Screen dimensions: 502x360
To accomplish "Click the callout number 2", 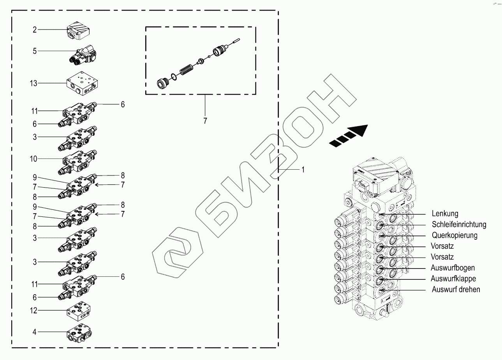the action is click(x=35, y=30).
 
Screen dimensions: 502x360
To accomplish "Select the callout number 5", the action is click(x=35, y=51).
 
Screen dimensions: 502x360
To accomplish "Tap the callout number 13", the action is click(x=33, y=83).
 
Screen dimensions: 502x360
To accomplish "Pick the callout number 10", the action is click(x=33, y=159).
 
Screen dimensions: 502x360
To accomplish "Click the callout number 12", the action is click(x=33, y=311).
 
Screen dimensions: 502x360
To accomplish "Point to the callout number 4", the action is click(x=35, y=332).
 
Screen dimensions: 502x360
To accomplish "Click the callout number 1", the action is click(x=303, y=170).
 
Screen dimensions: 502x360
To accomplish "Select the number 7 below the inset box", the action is click(x=205, y=121).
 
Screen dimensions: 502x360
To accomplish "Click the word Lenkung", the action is click(x=445, y=214).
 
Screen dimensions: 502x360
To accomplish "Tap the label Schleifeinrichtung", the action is click(x=459, y=225).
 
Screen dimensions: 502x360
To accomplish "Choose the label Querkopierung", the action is click(x=454, y=235).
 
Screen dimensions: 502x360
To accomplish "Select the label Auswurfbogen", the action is click(x=453, y=268).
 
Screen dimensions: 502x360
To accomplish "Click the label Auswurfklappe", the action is click(x=453, y=279).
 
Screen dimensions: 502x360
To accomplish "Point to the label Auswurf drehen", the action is click(x=456, y=290).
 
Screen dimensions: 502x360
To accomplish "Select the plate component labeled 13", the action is click(x=83, y=84).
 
